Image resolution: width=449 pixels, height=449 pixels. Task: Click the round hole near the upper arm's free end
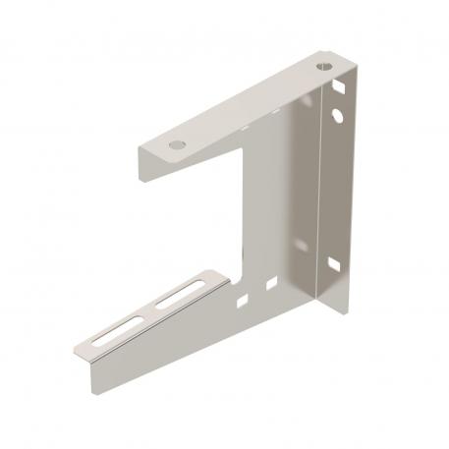[176, 144]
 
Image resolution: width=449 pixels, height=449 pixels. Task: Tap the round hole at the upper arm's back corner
[325, 69]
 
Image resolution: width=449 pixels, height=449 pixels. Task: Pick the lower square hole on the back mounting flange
[335, 263]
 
